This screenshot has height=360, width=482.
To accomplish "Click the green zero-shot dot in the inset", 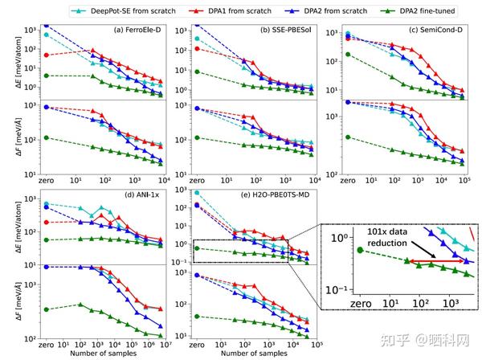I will point(360,250).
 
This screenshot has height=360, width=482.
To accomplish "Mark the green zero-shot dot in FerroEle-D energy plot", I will point(47,76).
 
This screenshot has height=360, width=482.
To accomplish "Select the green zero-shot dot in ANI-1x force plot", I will point(47,309).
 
